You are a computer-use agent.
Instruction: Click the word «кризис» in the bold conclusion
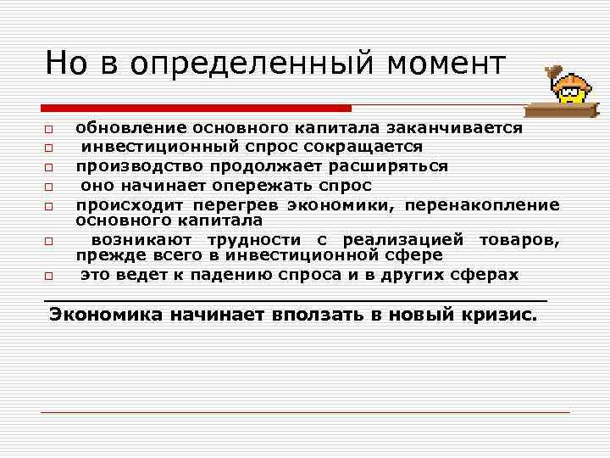click(x=499, y=315)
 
